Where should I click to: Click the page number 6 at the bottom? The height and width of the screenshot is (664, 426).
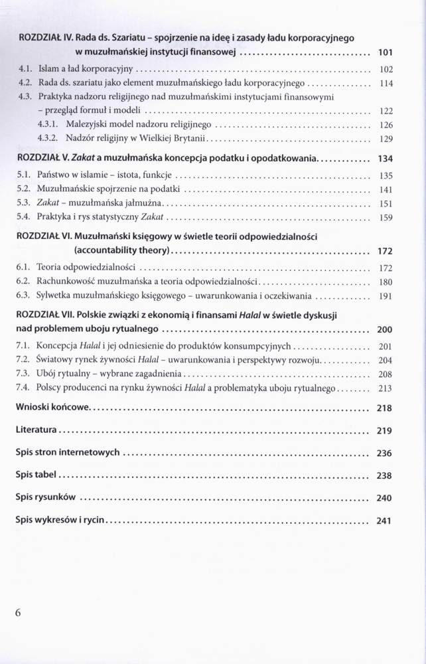18,613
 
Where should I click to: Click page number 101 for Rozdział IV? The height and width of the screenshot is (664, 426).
385,51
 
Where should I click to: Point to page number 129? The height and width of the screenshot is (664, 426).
386,139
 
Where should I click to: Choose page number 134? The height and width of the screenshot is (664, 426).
385,159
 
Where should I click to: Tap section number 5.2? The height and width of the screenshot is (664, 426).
23,189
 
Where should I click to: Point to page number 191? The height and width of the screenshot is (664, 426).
386,296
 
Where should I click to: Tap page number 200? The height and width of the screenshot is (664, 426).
385,329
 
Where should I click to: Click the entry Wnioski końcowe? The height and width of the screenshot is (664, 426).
51,408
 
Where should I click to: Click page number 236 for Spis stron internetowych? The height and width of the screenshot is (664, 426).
385,454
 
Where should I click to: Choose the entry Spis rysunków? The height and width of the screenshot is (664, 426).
47,497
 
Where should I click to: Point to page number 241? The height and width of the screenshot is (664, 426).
385,521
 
